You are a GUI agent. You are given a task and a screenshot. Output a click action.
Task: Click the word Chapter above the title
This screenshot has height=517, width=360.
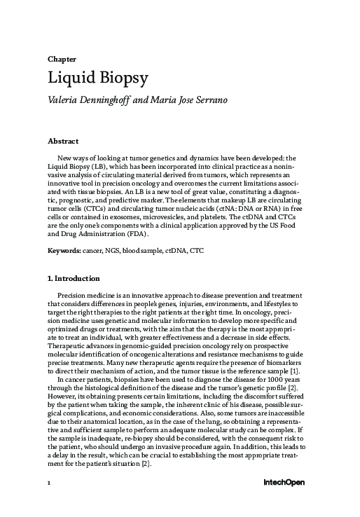coord(62,59)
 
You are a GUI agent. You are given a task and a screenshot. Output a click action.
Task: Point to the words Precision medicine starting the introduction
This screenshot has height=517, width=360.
coord(91,296)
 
